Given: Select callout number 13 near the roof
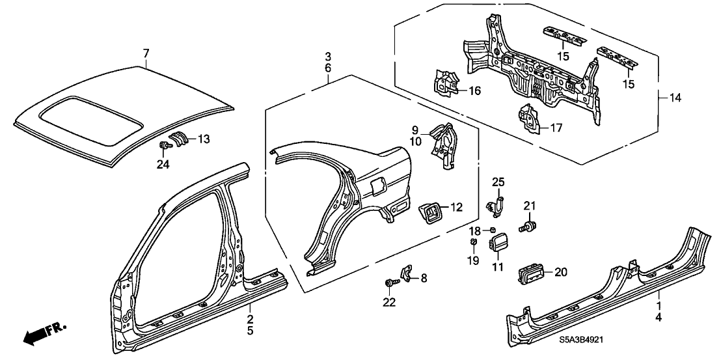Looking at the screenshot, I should (x=204, y=138).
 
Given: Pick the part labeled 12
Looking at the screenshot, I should (x=427, y=211).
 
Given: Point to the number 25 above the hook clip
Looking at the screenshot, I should (x=498, y=182).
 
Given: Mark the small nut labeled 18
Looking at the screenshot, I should (x=493, y=229).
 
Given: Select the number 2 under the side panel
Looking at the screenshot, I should (x=249, y=318).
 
